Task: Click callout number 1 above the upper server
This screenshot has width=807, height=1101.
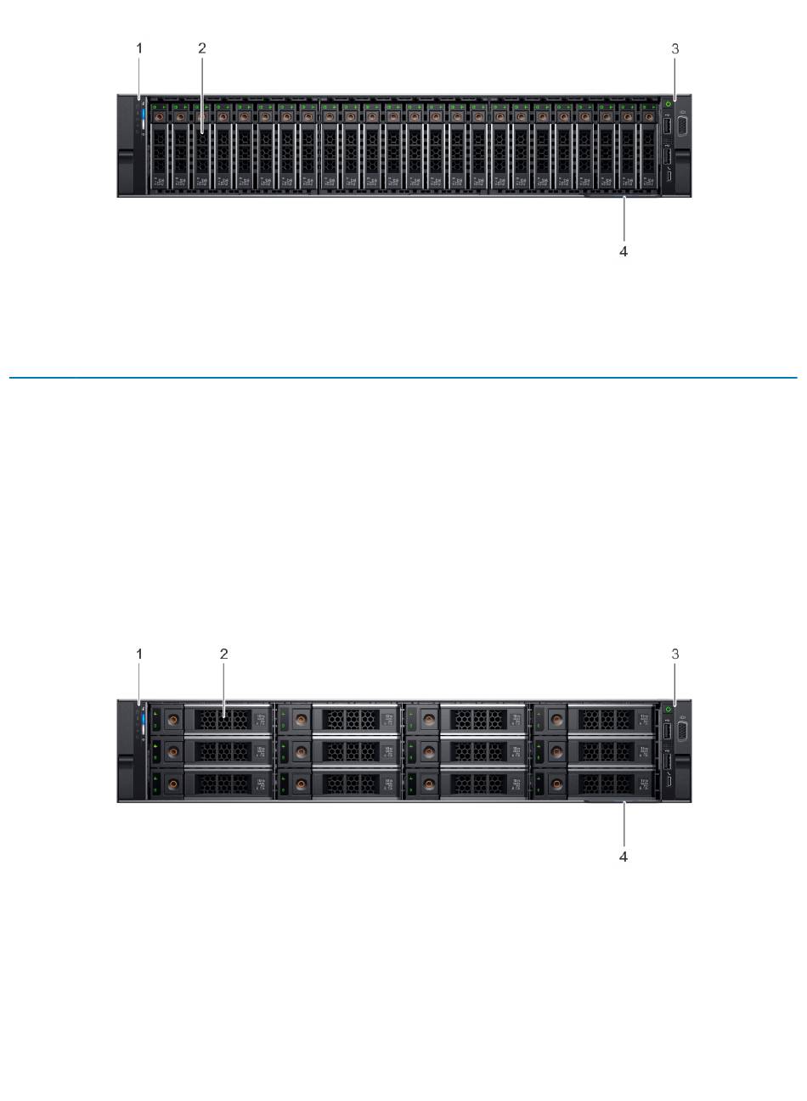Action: pyautogui.click(x=140, y=49)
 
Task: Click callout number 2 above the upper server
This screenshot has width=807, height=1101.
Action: pyautogui.click(x=202, y=49)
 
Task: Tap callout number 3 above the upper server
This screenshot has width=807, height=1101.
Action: pyautogui.click(x=675, y=49)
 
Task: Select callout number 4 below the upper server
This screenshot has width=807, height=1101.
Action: pyautogui.click(x=624, y=252)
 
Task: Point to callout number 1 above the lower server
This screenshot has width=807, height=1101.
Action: pyautogui.click(x=140, y=654)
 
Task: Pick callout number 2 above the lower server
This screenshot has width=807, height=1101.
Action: pyautogui.click(x=224, y=654)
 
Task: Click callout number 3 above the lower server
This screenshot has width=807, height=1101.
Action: pyautogui.click(x=675, y=654)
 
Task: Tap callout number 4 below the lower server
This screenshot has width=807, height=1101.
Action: pyautogui.click(x=624, y=857)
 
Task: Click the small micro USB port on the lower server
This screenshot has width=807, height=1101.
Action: pyautogui.click(x=669, y=782)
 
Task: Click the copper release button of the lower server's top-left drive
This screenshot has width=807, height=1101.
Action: pyautogui.click(x=173, y=719)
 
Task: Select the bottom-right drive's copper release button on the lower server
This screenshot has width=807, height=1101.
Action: pyautogui.click(x=556, y=784)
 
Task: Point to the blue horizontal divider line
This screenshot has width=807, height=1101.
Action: pyautogui.click(x=403, y=378)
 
